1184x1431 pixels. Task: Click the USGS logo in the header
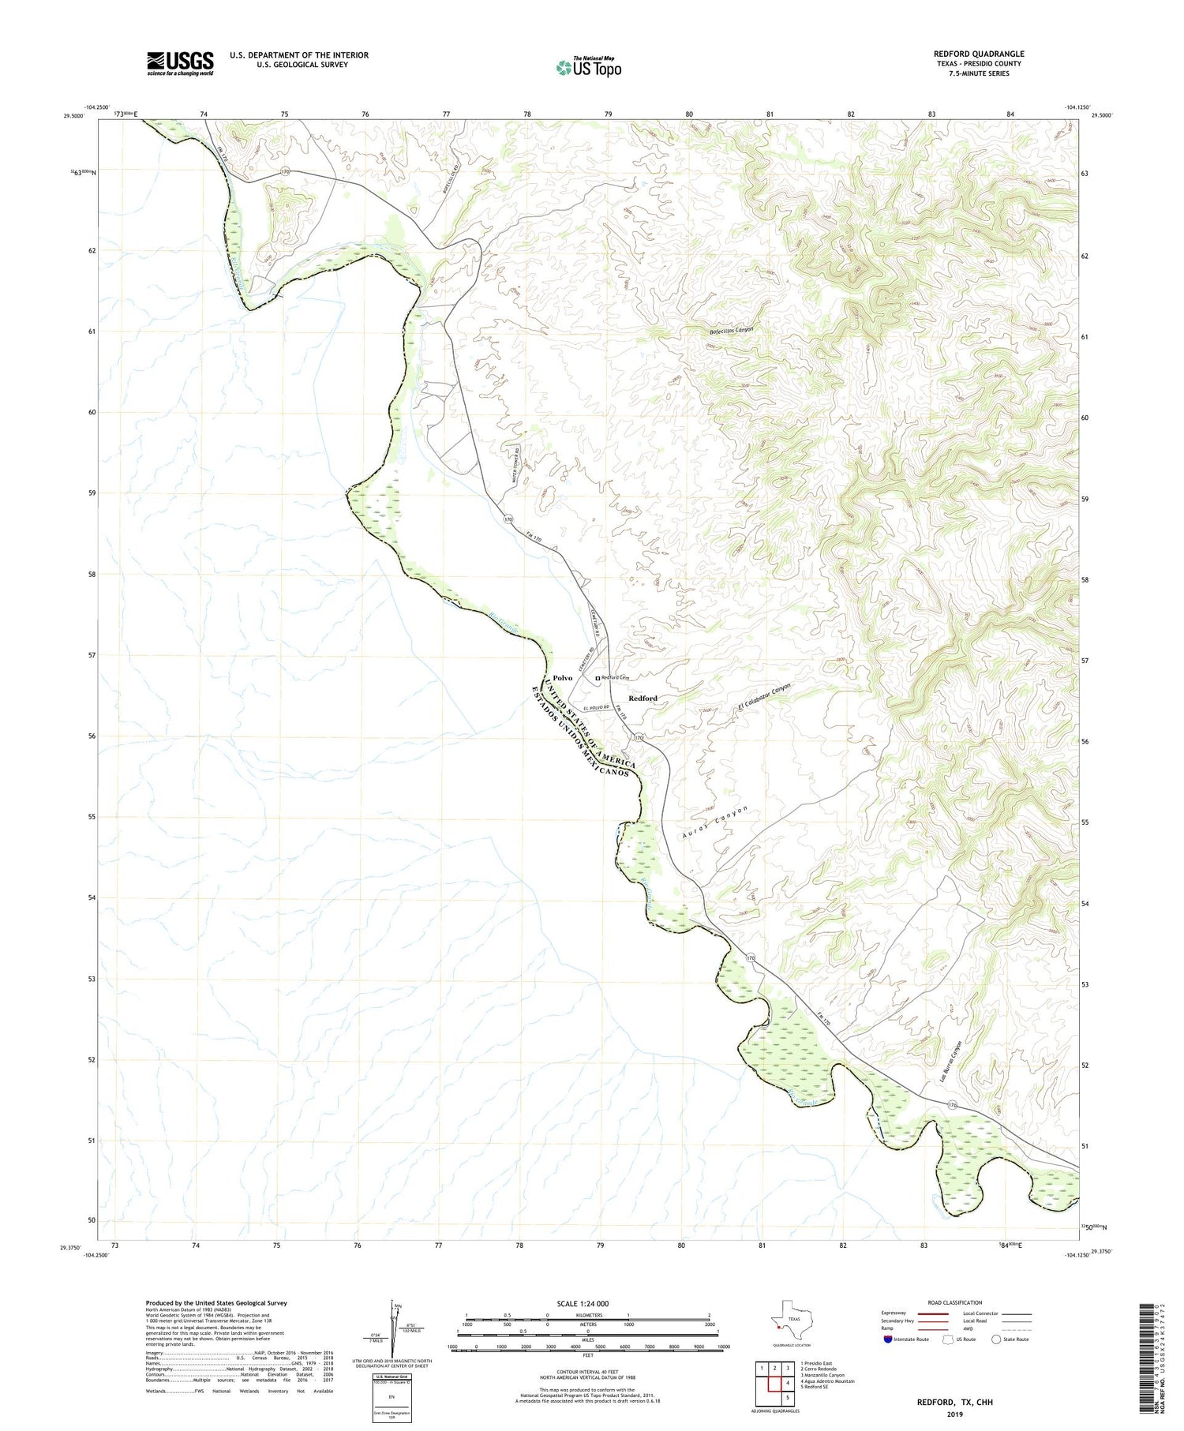(x=180, y=63)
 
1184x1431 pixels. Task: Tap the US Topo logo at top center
(x=588, y=68)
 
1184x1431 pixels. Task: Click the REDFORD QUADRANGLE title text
(x=978, y=54)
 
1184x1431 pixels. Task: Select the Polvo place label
(x=562, y=678)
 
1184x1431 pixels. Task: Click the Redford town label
(x=643, y=699)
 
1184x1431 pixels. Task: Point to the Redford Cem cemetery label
(x=615, y=677)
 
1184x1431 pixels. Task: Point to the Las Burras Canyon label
(x=952, y=1060)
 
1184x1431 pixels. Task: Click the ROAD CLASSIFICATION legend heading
(x=954, y=1302)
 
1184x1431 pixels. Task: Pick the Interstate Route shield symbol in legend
(x=888, y=1339)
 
